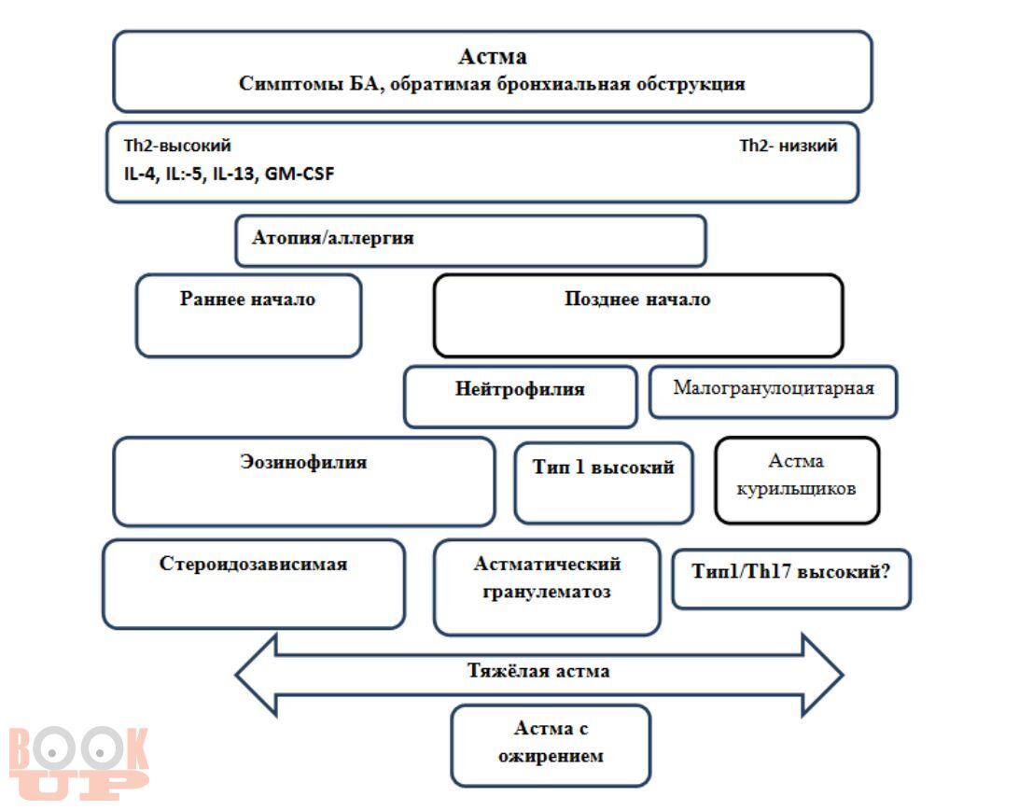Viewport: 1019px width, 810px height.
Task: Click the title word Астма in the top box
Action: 492,57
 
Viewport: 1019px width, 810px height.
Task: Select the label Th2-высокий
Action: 177,145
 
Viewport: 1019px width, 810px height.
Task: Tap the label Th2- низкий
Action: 788,145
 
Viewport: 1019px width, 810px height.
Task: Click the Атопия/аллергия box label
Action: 333,237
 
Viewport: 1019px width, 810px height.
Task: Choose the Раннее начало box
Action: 248,315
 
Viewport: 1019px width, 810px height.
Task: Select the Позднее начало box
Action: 638,315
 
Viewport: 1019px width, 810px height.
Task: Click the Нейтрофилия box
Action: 520,397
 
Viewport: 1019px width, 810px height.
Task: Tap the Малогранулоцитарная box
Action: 774,391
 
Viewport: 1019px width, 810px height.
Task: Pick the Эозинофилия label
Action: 303,462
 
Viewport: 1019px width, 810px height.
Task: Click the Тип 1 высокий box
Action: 603,482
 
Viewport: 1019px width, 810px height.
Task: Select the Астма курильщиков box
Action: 797,480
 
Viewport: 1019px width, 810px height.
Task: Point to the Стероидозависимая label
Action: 254,563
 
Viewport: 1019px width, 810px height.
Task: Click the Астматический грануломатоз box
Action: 547,587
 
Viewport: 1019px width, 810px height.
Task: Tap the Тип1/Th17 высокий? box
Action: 791,579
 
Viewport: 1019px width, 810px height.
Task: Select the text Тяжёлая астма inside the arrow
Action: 538,670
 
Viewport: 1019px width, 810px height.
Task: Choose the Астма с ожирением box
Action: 551,746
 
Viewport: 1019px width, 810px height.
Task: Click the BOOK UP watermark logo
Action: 78,763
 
